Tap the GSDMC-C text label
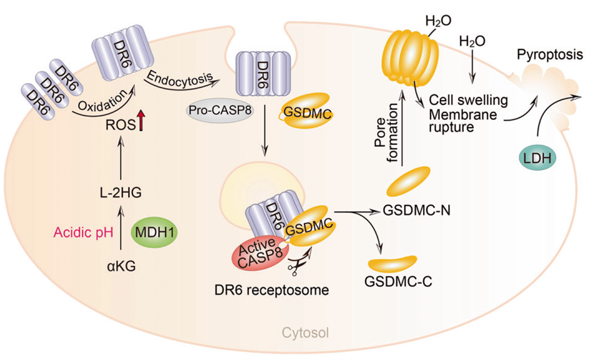[401, 280]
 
